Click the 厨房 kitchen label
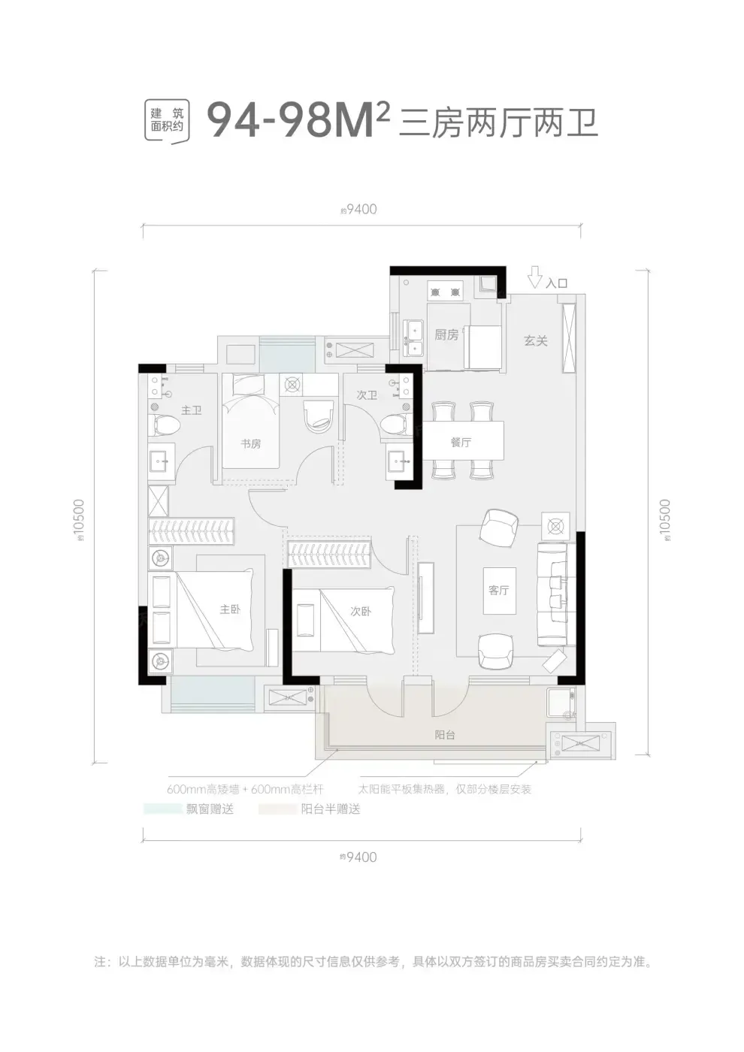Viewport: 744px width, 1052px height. [446, 334]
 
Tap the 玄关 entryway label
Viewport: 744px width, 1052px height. [536, 340]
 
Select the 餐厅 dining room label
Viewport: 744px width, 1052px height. [461, 442]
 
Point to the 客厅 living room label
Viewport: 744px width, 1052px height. [499, 590]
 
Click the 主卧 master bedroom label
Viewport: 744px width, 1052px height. [230, 609]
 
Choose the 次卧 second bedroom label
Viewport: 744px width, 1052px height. [361, 610]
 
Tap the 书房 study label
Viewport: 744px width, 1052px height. [251, 443]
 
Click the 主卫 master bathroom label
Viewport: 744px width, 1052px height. [192, 410]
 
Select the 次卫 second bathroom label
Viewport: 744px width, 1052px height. [367, 394]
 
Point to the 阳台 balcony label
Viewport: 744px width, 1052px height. [445, 735]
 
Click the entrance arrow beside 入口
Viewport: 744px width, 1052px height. [535, 277]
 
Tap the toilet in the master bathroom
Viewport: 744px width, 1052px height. [165, 425]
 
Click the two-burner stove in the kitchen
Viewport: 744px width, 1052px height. [445, 292]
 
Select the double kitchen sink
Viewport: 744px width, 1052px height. [413, 337]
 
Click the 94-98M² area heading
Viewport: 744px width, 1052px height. [299, 122]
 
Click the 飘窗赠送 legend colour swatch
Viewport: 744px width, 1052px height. [162, 809]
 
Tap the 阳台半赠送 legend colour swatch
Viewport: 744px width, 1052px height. [277, 809]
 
